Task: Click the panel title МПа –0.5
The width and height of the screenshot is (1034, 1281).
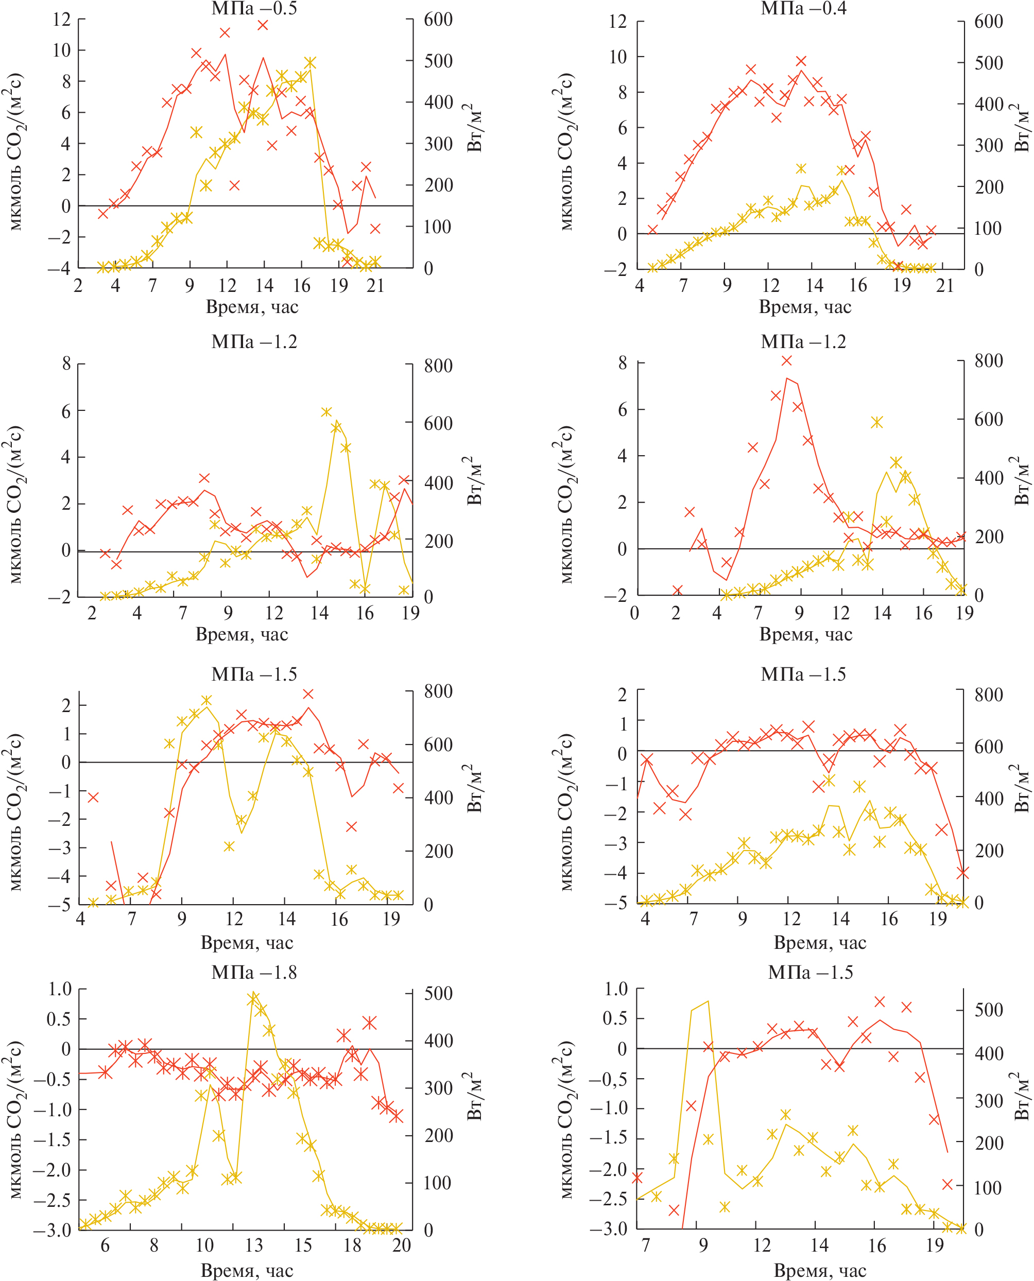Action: pyautogui.click(x=254, y=8)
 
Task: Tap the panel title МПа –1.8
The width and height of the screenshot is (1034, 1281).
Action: pyautogui.click(x=254, y=972)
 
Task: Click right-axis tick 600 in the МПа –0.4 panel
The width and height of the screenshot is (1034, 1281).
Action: pyautogui.click(x=989, y=22)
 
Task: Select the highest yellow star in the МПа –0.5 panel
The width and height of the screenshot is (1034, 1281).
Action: pyautogui.click(x=309, y=62)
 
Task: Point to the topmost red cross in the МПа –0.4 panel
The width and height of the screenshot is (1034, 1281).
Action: pyautogui.click(x=801, y=61)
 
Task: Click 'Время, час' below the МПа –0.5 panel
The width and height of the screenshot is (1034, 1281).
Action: pyautogui.click(x=252, y=307)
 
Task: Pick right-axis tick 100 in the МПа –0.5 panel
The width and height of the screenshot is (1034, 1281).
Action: pyautogui.click(x=438, y=227)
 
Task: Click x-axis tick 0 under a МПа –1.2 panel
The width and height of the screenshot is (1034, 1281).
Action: pyautogui.click(x=635, y=612)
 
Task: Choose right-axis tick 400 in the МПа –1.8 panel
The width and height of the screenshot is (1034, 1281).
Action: pyautogui.click(x=438, y=1041)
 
